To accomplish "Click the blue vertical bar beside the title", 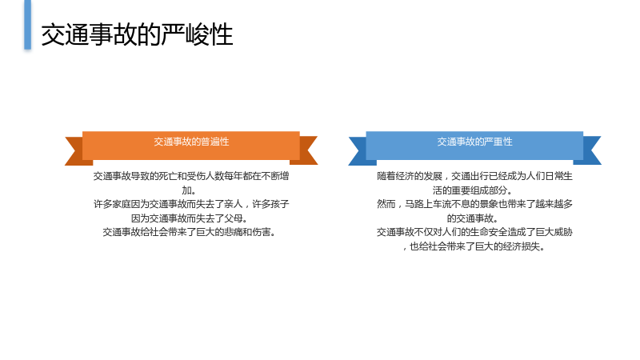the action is [27, 25].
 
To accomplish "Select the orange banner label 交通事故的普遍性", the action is [191, 142].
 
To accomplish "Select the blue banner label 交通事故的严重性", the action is [474, 142].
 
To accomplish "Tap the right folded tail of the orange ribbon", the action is [306, 150].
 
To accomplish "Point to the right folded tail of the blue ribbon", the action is [590, 150].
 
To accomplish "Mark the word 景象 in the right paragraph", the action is [488, 204].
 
